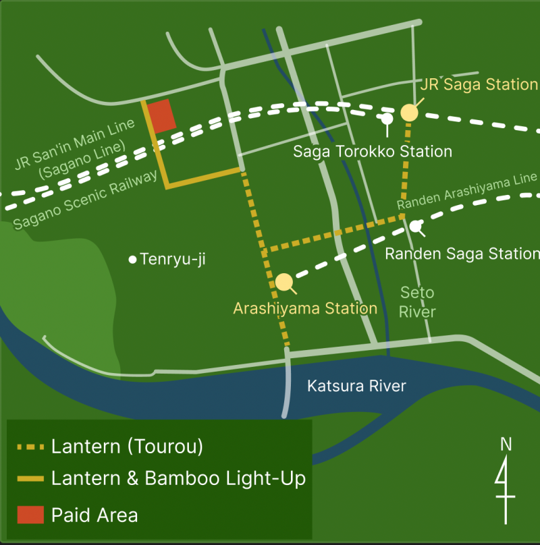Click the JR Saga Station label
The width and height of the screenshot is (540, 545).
coord(479,84)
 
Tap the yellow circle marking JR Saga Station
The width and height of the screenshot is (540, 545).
coord(409,113)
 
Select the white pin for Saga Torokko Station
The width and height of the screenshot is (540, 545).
coord(387,119)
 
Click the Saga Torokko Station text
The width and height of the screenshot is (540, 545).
coord(372,151)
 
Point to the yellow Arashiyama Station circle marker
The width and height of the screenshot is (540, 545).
coord(284,282)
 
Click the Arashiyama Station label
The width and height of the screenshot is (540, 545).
coord(305,308)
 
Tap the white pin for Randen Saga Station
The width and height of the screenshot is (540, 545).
coord(416,226)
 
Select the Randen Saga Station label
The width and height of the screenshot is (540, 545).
coord(462,254)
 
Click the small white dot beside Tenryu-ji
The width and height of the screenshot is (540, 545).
coord(133,259)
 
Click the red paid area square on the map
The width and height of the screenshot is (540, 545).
coord(162,115)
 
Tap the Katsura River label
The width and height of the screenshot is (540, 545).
coord(356,386)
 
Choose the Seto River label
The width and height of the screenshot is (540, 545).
coord(417,302)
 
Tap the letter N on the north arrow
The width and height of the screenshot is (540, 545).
coord(506,444)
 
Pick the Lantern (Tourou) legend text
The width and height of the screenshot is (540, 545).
coord(127,446)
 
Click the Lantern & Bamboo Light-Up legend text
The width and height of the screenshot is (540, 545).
coord(178,478)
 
